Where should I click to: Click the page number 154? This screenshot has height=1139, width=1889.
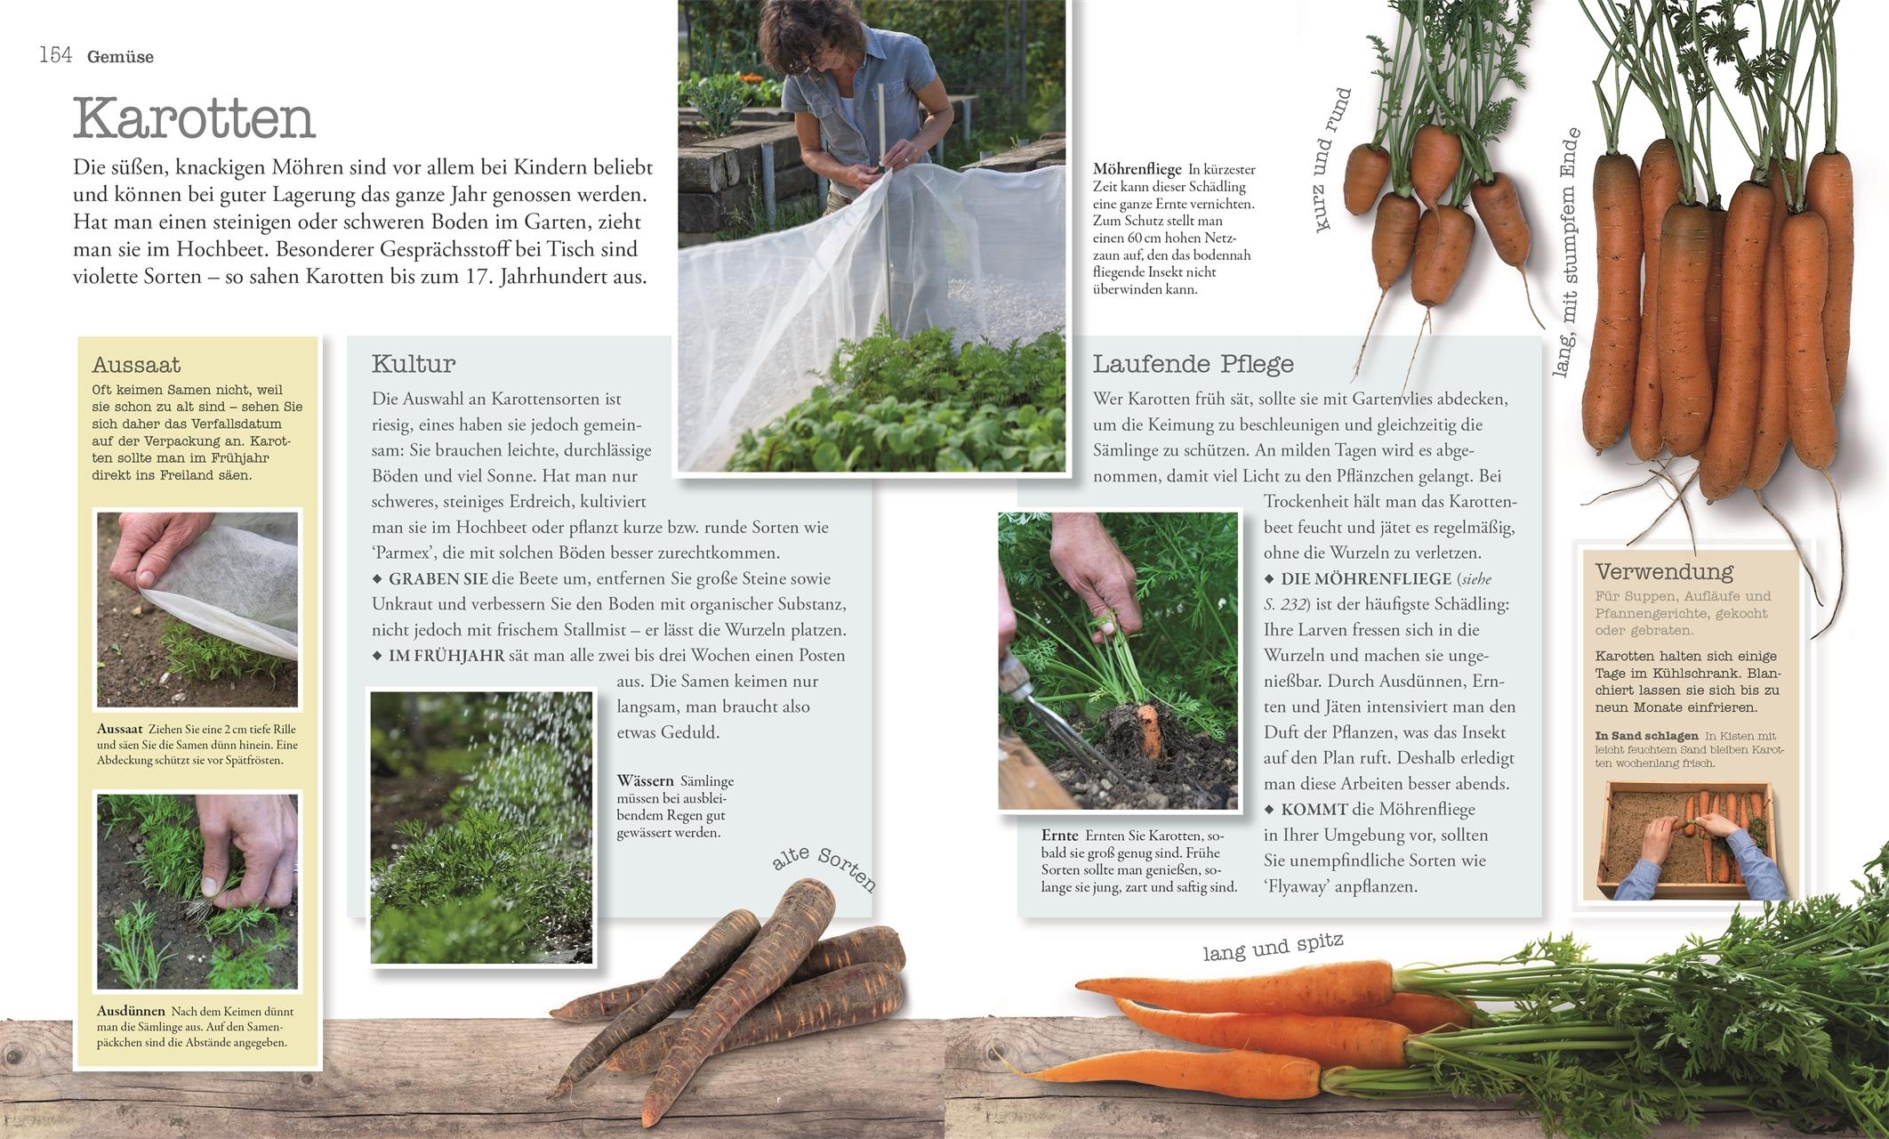55,55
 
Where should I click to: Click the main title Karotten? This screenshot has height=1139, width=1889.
194,118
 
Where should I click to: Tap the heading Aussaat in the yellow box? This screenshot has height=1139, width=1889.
136,365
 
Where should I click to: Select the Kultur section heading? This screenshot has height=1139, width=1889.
414,363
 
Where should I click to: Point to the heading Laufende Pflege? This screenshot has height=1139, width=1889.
1193,363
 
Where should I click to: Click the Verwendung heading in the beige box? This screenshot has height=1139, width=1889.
1664,572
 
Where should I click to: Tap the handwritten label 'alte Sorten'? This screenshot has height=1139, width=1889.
824,867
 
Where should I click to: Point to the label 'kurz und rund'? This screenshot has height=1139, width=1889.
1331,161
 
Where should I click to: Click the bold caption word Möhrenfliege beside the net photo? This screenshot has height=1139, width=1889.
1137,169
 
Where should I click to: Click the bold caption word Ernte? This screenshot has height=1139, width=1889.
1059,836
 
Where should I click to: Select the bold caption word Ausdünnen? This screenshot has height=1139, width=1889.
132,1011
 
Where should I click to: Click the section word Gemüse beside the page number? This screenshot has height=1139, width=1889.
120,57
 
